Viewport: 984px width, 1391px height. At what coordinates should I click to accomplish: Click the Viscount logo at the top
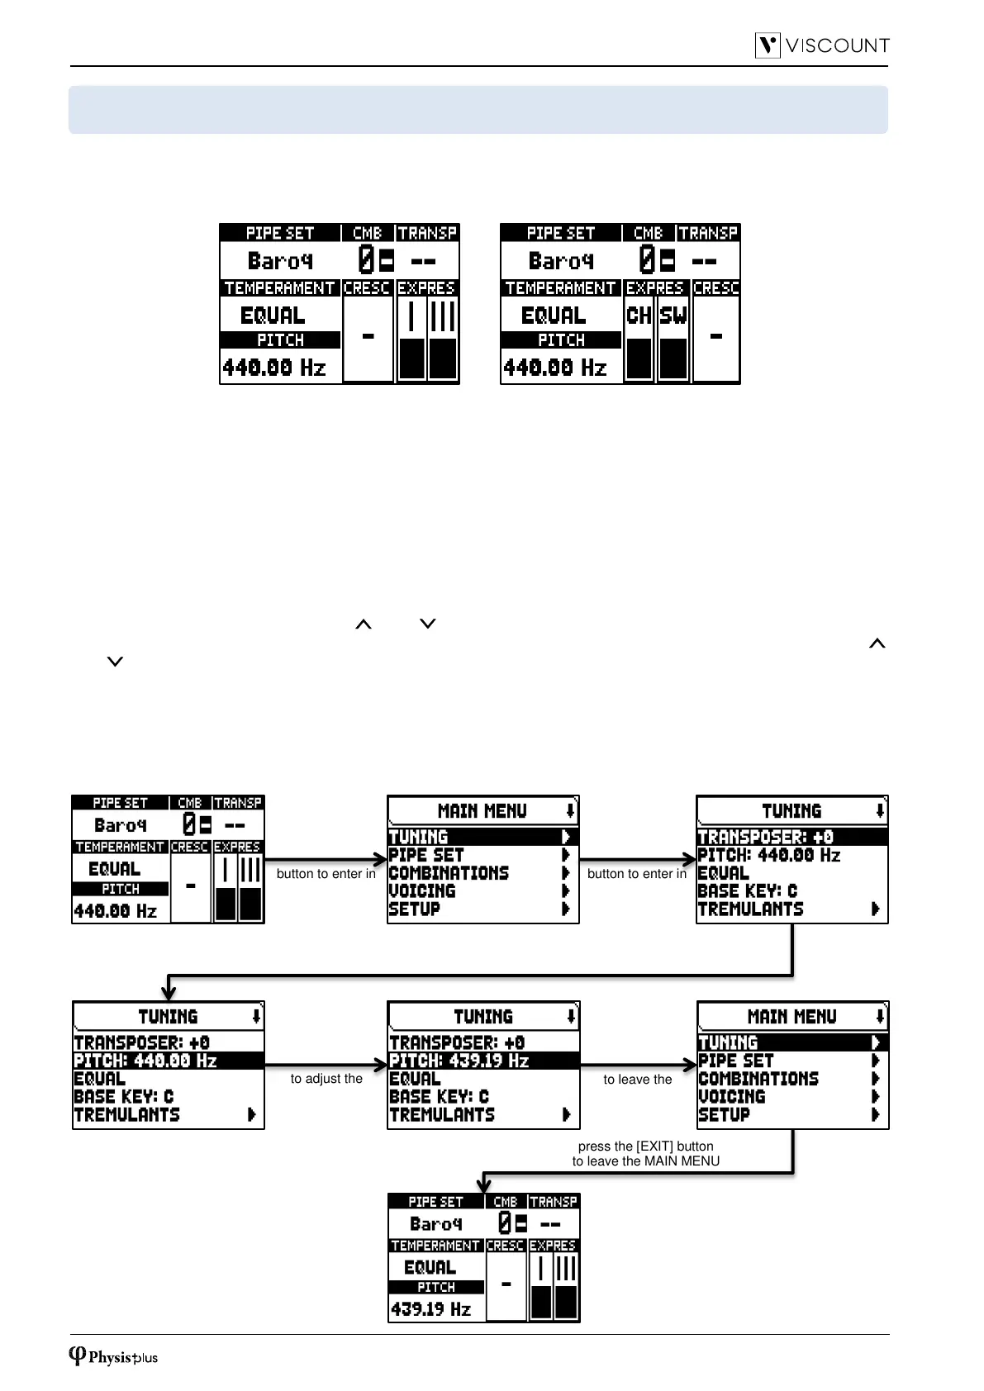pyautogui.click(x=822, y=45)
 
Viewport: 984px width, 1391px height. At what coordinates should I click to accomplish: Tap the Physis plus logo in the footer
pyautogui.click(x=113, y=1356)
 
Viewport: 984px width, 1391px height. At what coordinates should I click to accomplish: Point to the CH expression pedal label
pyautogui.click(x=639, y=316)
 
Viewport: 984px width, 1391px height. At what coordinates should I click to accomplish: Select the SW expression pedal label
pyautogui.click(x=673, y=316)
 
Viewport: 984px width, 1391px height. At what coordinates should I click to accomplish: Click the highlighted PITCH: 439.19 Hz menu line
pyautogui.click(x=482, y=1061)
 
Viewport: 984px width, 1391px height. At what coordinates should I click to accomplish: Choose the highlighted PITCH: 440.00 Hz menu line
pyautogui.click(x=168, y=1061)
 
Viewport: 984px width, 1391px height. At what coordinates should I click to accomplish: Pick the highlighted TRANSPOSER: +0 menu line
pyautogui.click(x=791, y=837)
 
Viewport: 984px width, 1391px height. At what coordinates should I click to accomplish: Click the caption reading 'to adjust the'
pyautogui.click(x=326, y=1079)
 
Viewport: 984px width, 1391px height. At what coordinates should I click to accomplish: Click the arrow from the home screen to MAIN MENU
pyautogui.click(x=326, y=860)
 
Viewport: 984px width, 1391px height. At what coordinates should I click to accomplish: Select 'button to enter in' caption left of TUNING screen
pyautogui.click(x=636, y=874)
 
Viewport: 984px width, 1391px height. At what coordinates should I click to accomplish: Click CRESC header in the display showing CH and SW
pyautogui.click(x=715, y=288)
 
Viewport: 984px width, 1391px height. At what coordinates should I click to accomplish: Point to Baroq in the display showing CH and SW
pyautogui.click(x=561, y=261)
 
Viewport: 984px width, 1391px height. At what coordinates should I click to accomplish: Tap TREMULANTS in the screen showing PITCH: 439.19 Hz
pyautogui.click(x=442, y=1115)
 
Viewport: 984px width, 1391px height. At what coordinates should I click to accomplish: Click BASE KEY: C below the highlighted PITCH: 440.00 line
pyautogui.click(x=124, y=1097)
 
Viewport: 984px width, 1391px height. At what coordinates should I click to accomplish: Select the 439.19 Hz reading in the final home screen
pyautogui.click(x=430, y=1309)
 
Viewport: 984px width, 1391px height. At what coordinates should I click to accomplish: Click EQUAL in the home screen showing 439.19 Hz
pyautogui.click(x=430, y=1267)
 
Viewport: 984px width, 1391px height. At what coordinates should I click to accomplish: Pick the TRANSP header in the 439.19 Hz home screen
pyautogui.click(x=553, y=1202)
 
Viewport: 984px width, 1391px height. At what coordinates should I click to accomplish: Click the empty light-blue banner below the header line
pyautogui.click(x=478, y=109)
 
